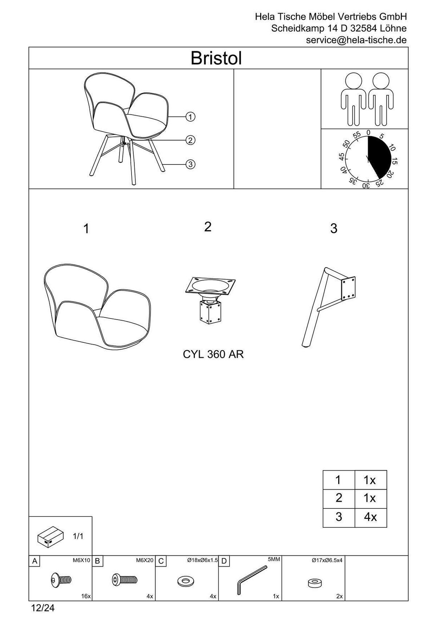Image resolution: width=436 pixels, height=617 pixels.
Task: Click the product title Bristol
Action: coord(216,58)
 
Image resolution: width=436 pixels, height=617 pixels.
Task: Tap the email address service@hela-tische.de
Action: coord(356,40)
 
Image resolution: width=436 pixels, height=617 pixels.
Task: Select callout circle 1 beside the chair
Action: coord(190,117)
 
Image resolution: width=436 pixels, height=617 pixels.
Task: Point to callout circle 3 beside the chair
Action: coord(190,164)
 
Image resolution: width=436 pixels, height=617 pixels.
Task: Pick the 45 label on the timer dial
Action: coord(342,157)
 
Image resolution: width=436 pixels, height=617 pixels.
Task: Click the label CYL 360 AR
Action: coord(213,354)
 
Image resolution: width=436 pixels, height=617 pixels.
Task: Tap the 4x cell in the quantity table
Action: coord(370,517)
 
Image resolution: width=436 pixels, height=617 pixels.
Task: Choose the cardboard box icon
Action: coord(51,537)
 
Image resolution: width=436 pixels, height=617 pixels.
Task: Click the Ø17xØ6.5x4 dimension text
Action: coord(327,560)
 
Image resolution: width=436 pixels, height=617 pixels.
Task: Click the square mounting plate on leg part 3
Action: coord(348,288)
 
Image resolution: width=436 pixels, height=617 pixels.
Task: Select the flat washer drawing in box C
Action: coord(186,581)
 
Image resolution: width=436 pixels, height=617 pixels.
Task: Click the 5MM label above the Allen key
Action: coord(274,559)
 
